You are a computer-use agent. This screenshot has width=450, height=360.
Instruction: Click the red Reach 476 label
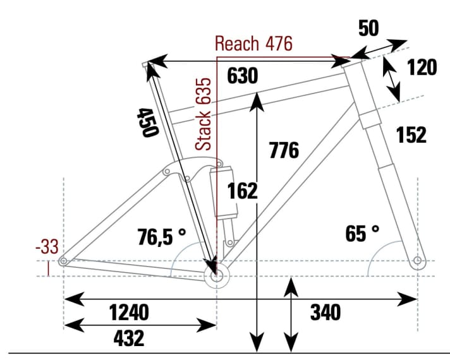coord(253,44)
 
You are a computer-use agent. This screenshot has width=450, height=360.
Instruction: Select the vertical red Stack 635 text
coord(204,114)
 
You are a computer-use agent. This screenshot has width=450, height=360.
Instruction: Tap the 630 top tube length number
coord(243,76)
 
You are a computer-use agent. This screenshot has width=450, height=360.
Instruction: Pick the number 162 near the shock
coord(242,190)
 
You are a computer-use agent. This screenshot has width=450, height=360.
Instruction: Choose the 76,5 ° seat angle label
coord(162,236)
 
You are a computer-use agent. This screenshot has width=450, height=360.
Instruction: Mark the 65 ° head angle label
coord(363,234)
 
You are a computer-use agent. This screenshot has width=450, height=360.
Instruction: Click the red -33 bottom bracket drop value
coord(46,247)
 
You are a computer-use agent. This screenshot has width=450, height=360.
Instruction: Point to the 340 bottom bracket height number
coord(325,312)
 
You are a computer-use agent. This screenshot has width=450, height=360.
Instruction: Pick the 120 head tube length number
coord(421,68)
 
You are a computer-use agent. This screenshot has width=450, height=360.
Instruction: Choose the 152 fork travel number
coord(411,135)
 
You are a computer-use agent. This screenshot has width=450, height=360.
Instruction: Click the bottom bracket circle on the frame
coord(217,276)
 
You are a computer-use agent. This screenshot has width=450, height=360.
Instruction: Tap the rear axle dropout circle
coord(63,261)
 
